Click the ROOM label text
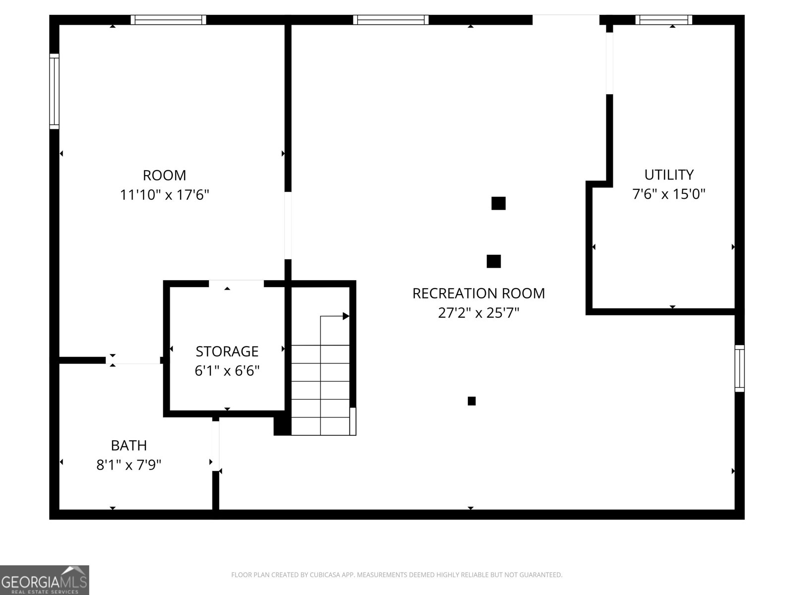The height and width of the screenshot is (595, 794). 164,176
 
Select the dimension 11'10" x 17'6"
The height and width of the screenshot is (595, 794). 164,195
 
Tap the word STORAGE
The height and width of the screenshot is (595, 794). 227,352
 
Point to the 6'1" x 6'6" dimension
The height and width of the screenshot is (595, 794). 227,371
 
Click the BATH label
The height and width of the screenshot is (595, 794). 129,446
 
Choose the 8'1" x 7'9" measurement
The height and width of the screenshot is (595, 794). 129,465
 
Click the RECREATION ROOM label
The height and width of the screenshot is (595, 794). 478,294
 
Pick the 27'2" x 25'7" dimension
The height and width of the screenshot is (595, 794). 478,313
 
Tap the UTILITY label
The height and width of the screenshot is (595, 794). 669,175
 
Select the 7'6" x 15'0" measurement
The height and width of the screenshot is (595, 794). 669,194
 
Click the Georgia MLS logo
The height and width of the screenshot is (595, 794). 45,580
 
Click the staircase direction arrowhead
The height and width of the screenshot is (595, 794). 346,316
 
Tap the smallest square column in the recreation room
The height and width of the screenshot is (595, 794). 472,401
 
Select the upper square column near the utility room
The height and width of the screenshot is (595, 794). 498,203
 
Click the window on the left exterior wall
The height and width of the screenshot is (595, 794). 54,91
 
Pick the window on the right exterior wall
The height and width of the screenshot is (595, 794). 739,368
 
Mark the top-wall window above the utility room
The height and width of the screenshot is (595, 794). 664,20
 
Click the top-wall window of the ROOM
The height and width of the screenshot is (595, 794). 169,20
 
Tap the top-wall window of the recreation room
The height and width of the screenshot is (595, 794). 391,20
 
